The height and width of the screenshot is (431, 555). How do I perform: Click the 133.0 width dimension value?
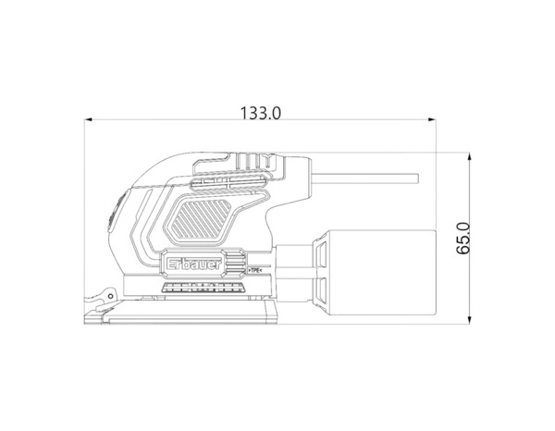[261, 113]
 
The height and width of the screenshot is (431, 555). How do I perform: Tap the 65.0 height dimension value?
[463, 238]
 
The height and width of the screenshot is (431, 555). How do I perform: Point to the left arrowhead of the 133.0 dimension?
[88, 119]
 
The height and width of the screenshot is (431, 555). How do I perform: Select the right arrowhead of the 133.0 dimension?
[432, 119]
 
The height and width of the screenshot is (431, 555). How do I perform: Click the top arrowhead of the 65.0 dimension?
[469, 156]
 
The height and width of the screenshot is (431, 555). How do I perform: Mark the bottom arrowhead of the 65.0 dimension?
[469, 320]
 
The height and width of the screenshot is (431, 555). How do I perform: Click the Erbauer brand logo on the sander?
[194, 265]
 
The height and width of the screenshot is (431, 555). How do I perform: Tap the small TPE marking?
[255, 271]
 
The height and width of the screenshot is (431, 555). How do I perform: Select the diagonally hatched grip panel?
[199, 218]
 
